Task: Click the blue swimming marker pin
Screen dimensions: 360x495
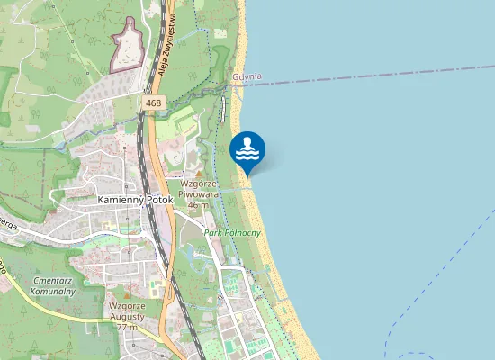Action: pos(247,149)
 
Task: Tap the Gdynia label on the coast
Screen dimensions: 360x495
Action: pos(247,76)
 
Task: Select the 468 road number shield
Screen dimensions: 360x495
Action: pos(153,104)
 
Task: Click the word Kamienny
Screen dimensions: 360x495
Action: pos(119,199)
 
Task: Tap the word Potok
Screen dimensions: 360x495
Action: pos(157,199)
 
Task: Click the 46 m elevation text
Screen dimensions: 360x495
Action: pos(198,205)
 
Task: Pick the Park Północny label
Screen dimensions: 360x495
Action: pos(232,233)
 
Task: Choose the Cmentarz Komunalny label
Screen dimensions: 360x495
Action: pos(51,286)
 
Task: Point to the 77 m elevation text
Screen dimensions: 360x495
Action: pos(127,326)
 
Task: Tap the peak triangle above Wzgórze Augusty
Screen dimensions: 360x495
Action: pos(126,294)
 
